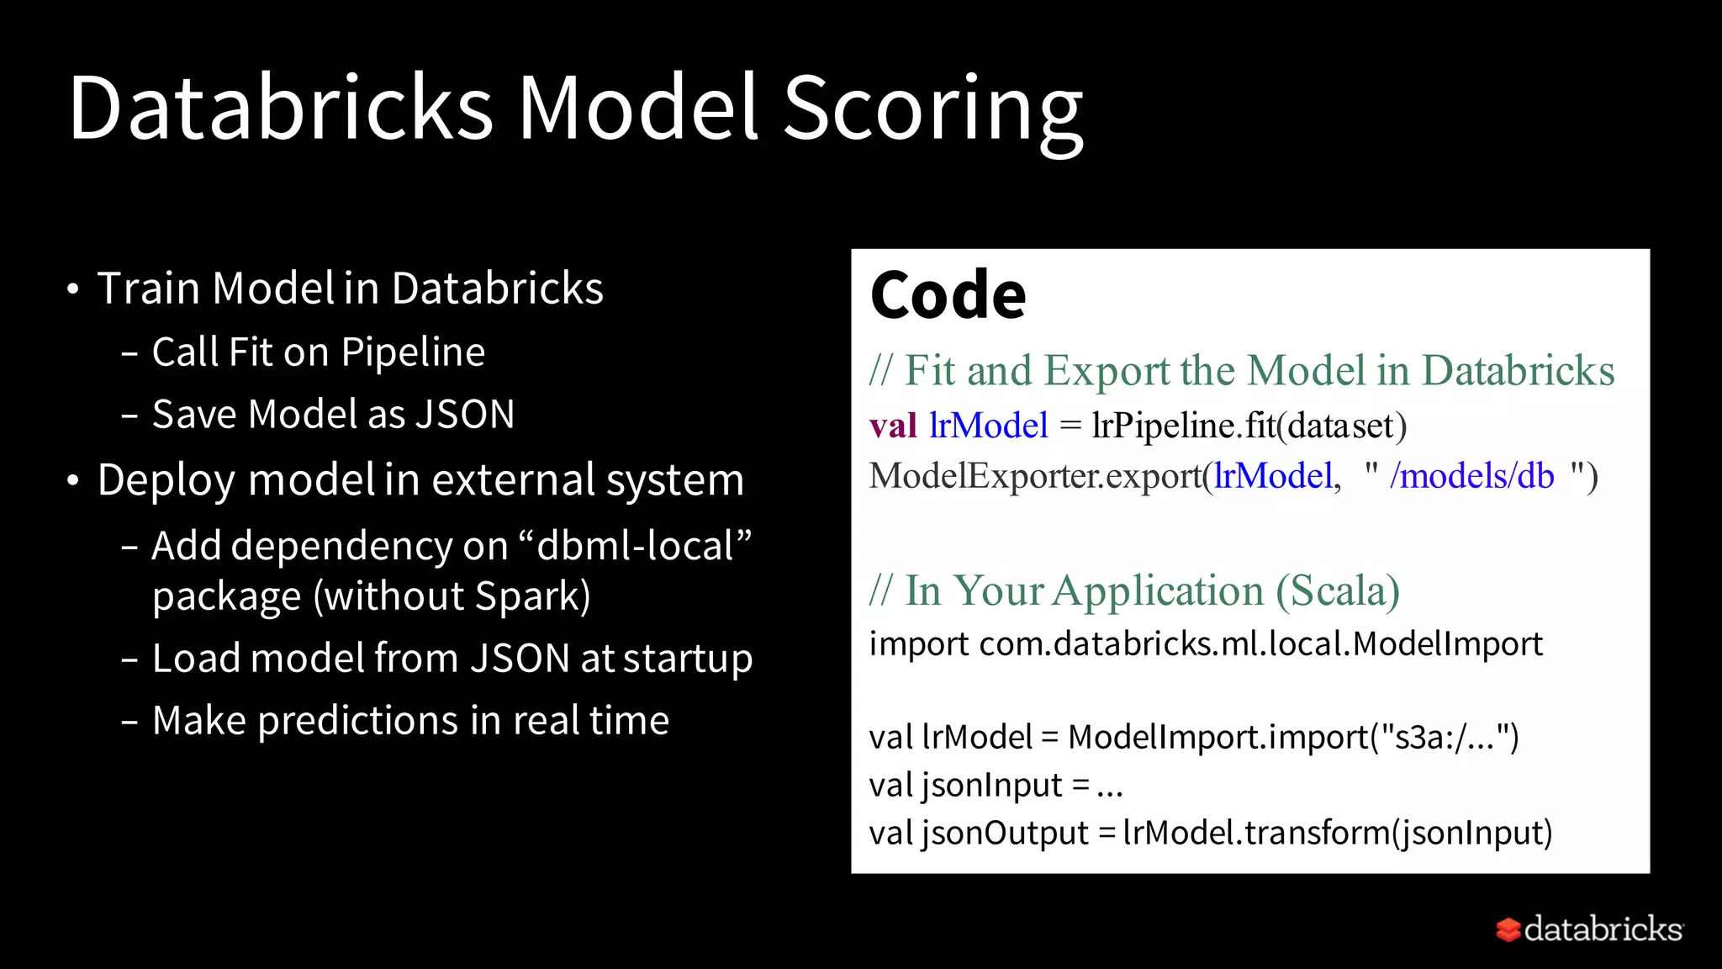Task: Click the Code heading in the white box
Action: tap(948, 295)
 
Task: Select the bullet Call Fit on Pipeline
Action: tap(318, 352)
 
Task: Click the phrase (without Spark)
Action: tap(452, 596)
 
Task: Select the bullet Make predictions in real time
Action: tap(410, 721)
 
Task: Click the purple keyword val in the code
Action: tap(893, 426)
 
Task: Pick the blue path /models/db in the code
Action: tap(1471, 476)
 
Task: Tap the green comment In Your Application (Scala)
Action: tap(1135, 590)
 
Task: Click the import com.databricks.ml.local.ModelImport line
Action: tap(1205, 643)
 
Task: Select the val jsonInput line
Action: tap(996, 785)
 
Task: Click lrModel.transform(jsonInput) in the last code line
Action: tap(1337, 833)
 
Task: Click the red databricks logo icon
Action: tap(1508, 929)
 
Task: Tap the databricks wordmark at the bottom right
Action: tap(1603, 929)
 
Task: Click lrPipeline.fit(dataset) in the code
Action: tap(1249, 426)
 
